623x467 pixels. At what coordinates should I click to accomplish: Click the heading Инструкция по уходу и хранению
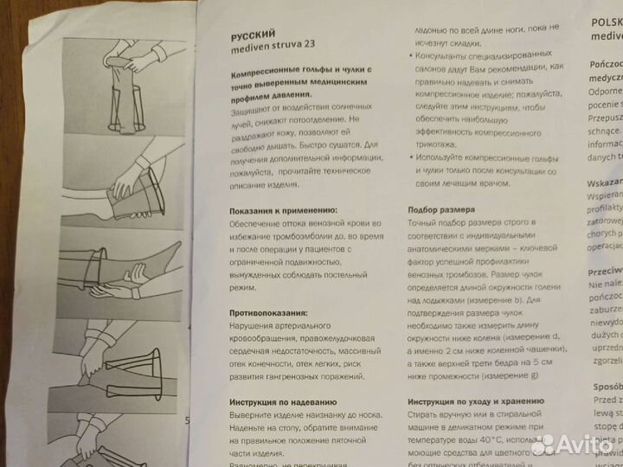click(475, 402)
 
